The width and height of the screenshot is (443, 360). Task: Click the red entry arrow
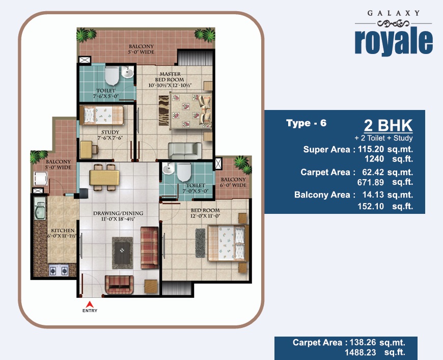tap(90, 304)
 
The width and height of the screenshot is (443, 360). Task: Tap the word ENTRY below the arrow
tap(90, 311)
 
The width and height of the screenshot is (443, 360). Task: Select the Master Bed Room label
tap(170, 79)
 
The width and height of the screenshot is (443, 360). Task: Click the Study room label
tap(110, 135)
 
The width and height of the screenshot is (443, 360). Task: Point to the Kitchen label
tap(63, 233)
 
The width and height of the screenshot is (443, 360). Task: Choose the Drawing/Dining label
tap(118, 216)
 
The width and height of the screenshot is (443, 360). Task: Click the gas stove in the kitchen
tap(59, 270)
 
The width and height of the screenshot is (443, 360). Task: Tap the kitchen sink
tap(40, 209)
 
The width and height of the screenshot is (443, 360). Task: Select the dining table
tap(104, 178)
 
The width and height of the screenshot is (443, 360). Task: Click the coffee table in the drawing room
tap(122, 253)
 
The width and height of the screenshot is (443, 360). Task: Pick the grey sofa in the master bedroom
tap(185, 151)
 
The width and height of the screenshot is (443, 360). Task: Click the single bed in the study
tap(102, 115)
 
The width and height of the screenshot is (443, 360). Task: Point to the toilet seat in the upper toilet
tap(112, 76)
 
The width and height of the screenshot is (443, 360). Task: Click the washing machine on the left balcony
tap(41, 179)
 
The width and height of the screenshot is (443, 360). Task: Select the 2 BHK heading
tap(388, 125)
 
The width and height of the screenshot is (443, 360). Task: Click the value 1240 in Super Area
tap(374, 159)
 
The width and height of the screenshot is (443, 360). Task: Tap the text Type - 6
tap(306, 123)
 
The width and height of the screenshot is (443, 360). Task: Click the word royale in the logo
tap(394, 42)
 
